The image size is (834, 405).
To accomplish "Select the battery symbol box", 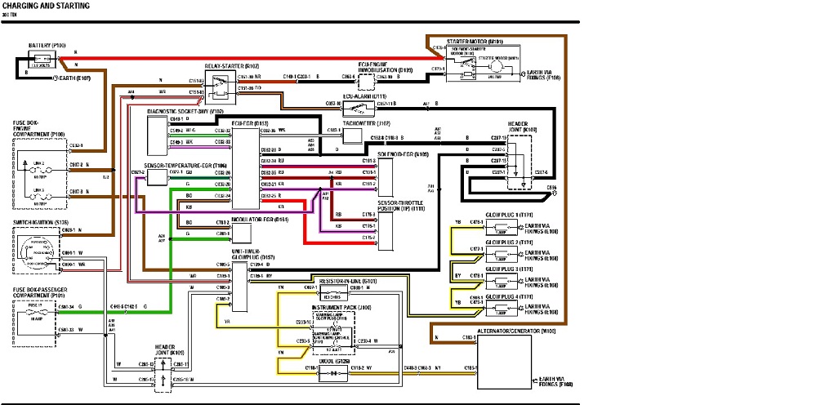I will pos(42,60).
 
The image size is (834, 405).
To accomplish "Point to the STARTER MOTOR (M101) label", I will pos(475,41).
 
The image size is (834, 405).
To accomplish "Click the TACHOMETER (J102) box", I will pos(352,136).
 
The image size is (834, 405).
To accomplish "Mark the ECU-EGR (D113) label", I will pos(244,123).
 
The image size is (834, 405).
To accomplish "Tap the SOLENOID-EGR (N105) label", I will pos(403,153).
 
